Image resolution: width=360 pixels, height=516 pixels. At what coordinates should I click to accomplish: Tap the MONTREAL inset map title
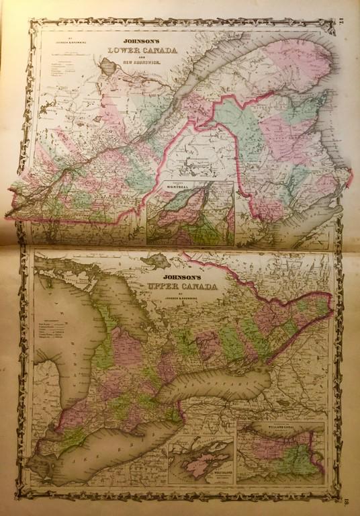click(x=163, y=198)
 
